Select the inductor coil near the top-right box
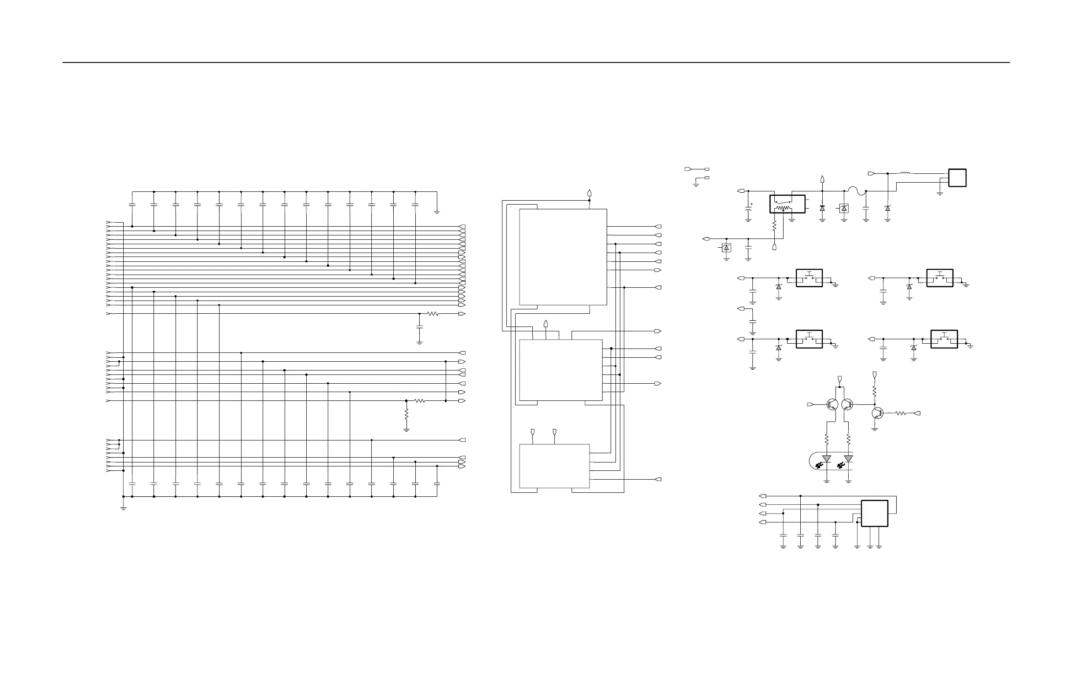point(905,173)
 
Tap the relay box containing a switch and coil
point(787,204)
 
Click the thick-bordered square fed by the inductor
point(957,177)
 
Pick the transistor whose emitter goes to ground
point(877,413)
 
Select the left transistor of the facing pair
point(832,404)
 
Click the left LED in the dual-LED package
point(827,459)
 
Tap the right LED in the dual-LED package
point(849,459)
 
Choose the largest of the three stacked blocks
point(563,257)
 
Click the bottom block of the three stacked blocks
point(554,466)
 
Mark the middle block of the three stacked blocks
point(560,370)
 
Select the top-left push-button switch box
point(809,278)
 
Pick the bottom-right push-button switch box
point(944,339)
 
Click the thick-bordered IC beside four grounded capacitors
point(874,513)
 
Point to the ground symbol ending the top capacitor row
point(437,211)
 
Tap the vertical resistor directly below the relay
point(774,225)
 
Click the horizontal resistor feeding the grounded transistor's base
point(901,413)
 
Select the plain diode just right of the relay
point(822,208)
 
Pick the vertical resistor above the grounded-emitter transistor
point(874,391)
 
